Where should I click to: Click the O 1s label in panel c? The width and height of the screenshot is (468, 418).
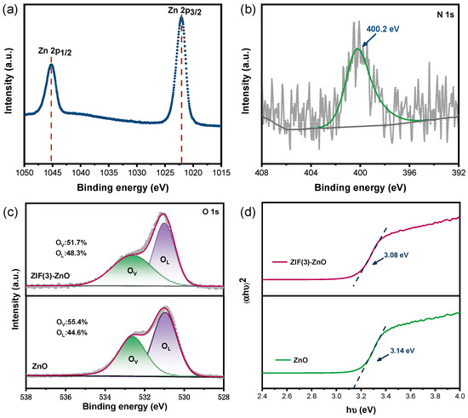point(209,220)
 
